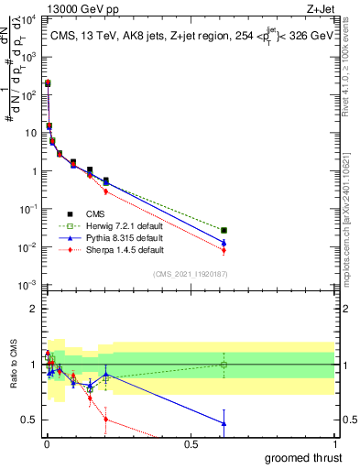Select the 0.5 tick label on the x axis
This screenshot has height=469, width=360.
point(191,444)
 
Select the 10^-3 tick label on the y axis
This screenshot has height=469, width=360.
point(27,286)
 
